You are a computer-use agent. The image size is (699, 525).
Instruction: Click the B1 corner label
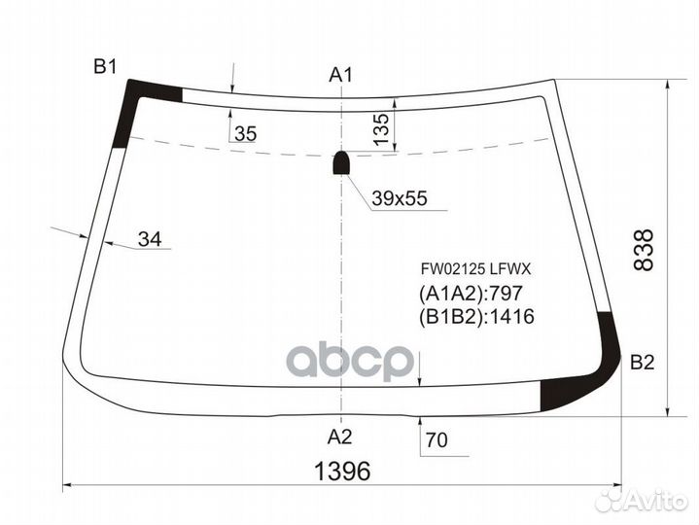[105, 67]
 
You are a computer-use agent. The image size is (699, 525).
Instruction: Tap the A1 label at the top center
[340, 75]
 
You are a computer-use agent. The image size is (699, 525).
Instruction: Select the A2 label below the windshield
[339, 437]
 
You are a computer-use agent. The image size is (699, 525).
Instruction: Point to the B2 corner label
[642, 363]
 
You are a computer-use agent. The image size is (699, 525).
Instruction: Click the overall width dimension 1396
[342, 472]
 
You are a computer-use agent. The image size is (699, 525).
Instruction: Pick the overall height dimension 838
[643, 250]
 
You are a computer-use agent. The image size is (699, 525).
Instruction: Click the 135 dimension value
[381, 129]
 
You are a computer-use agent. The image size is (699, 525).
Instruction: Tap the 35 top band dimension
[246, 133]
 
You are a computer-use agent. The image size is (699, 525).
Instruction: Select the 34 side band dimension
[150, 239]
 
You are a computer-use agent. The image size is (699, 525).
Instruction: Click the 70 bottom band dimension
[437, 440]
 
